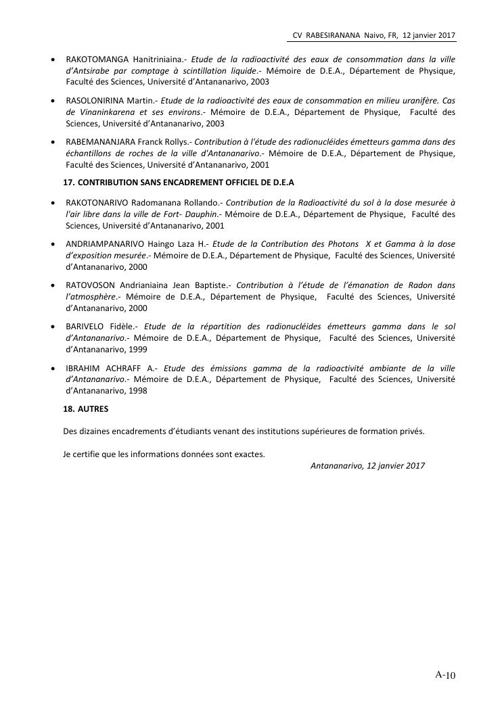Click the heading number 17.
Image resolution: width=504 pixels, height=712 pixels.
(68, 183)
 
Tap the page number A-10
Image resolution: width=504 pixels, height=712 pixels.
(446, 675)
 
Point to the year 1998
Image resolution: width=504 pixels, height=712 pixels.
(137, 391)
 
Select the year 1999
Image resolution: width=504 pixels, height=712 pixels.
(137, 350)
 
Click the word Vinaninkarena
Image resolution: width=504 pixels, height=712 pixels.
(106, 112)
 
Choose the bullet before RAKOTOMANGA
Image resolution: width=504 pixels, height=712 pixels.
(53, 60)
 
